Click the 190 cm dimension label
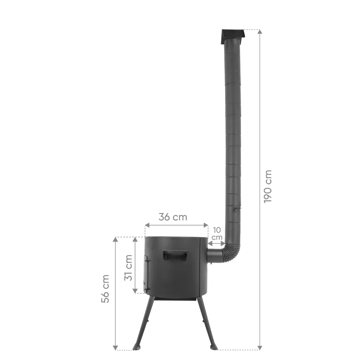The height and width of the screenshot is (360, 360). point(268,186)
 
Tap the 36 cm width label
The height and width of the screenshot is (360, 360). point(173,217)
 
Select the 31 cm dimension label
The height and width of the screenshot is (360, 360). point(128,268)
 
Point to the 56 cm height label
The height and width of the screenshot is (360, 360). point(105,289)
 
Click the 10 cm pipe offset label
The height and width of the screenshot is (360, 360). point(217,234)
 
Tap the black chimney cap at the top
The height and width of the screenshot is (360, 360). point(233,37)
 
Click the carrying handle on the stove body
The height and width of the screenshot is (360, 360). point(175,255)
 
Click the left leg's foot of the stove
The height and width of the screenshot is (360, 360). point(136,346)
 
